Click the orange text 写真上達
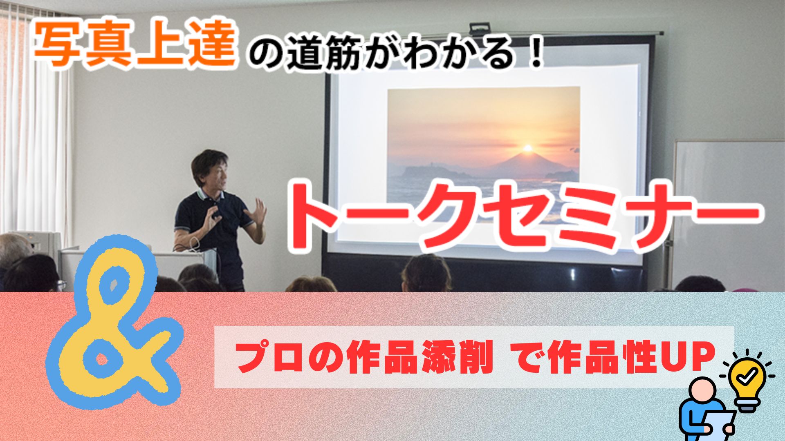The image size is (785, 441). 135,46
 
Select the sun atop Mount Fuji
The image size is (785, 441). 527,147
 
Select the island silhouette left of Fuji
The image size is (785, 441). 433,171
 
